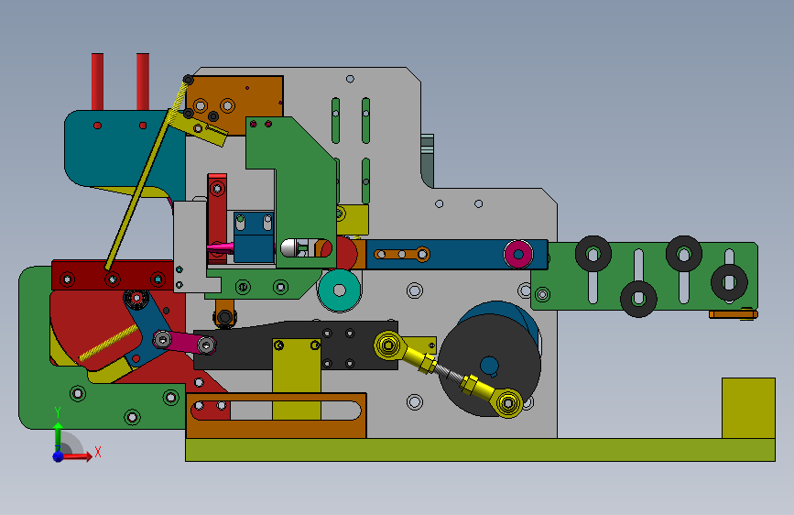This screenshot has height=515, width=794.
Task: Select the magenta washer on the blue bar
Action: [x=518, y=254]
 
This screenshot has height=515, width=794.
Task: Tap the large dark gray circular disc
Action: [x=489, y=365]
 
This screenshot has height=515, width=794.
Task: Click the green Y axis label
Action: [x=58, y=412]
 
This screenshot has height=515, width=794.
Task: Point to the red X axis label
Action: [x=98, y=452]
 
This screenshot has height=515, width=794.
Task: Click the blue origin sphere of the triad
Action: [x=59, y=456]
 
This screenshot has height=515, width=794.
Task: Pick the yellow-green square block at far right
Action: [x=748, y=408]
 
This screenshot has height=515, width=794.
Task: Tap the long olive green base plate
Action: [x=480, y=450]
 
